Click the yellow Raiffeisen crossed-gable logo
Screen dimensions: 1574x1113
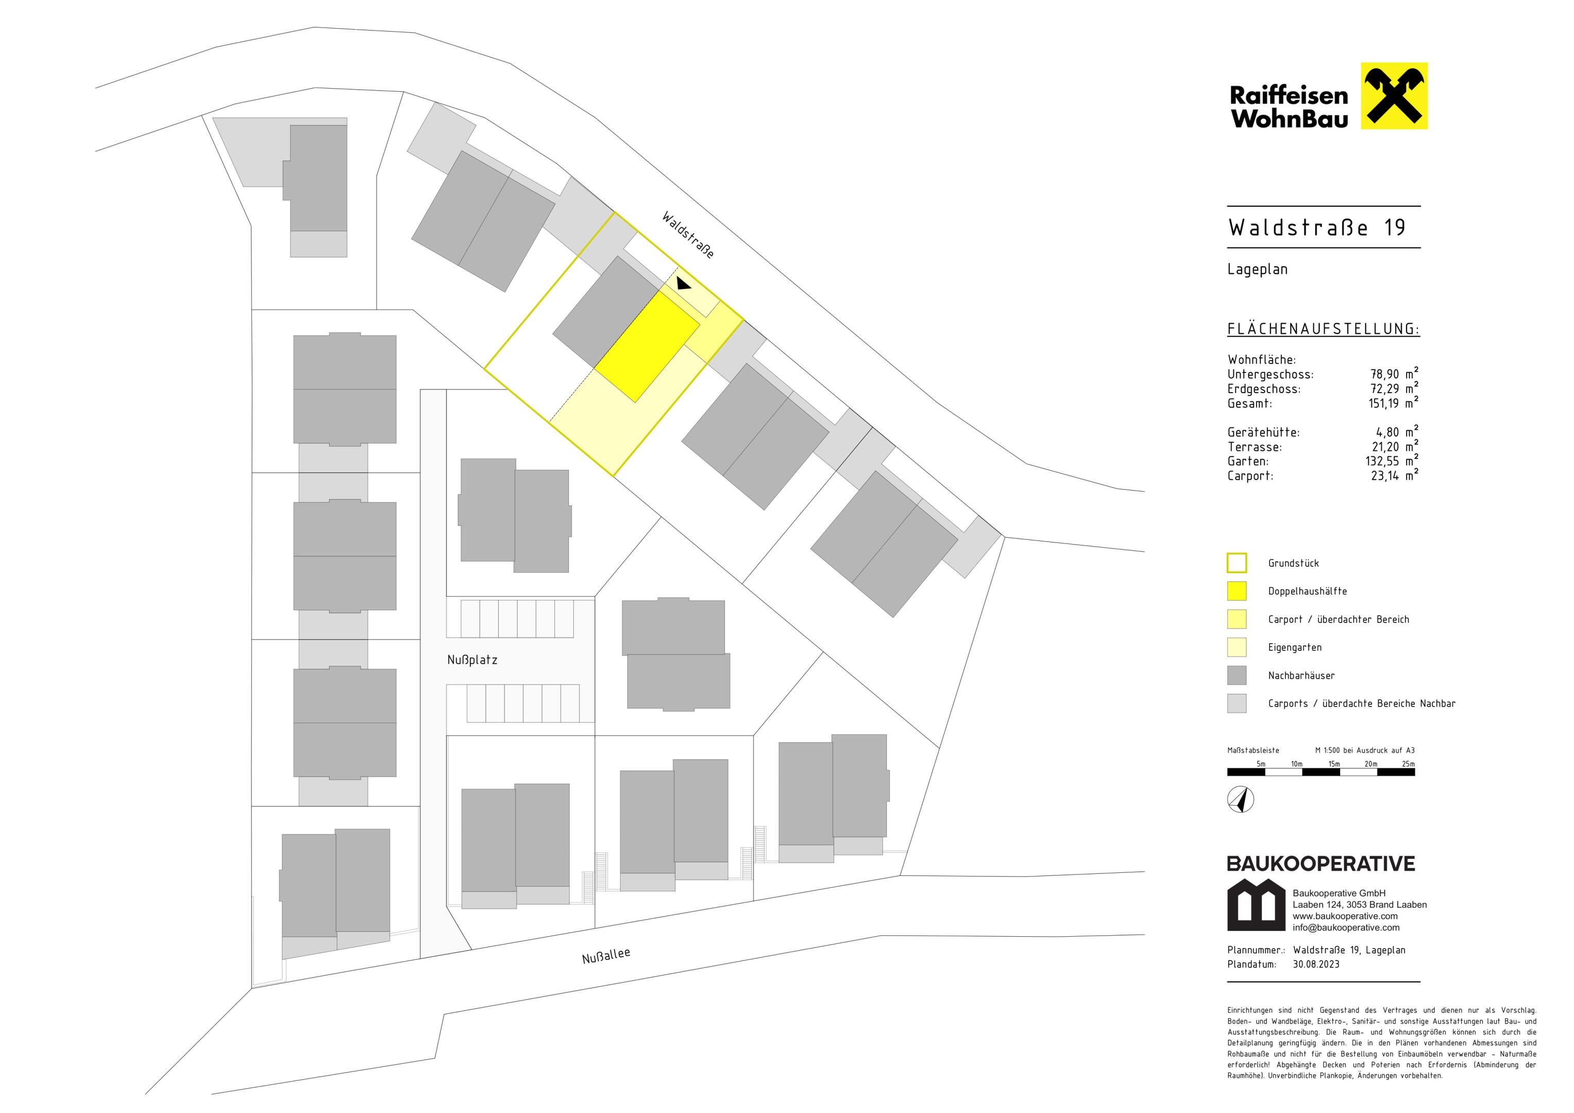(1394, 96)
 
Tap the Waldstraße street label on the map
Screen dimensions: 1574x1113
(688, 234)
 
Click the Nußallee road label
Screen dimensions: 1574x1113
(606, 955)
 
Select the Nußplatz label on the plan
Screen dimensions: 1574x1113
(472, 660)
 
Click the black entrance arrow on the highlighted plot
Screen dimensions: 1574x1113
(684, 283)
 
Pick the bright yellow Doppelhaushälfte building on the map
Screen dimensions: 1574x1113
(647, 347)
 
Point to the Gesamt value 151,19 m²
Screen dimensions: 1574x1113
(1394, 403)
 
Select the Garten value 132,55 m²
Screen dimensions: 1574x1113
(1392, 461)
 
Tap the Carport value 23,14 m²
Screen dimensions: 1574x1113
(1394, 475)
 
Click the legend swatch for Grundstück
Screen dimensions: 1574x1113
(1237, 563)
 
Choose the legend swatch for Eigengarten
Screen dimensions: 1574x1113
(1237, 647)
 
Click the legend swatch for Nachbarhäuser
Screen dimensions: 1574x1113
(1237, 675)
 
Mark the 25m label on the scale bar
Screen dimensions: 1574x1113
(1408, 764)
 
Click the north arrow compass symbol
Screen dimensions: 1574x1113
(1241, 800)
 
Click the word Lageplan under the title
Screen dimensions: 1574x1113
(1257, 269)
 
